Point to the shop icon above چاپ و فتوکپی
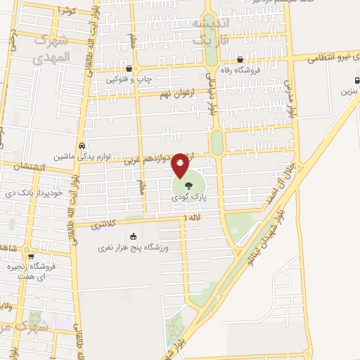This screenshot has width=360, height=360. pyautogui.click(x=129, y=69)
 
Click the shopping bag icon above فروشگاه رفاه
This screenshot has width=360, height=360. pyautogui.click(x=240, y=60)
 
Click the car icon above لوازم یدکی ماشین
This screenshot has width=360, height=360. pyautogui.click(x=82, y=144)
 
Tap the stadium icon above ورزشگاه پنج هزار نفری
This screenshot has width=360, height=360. pyautogui.click(x=134, y=238)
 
